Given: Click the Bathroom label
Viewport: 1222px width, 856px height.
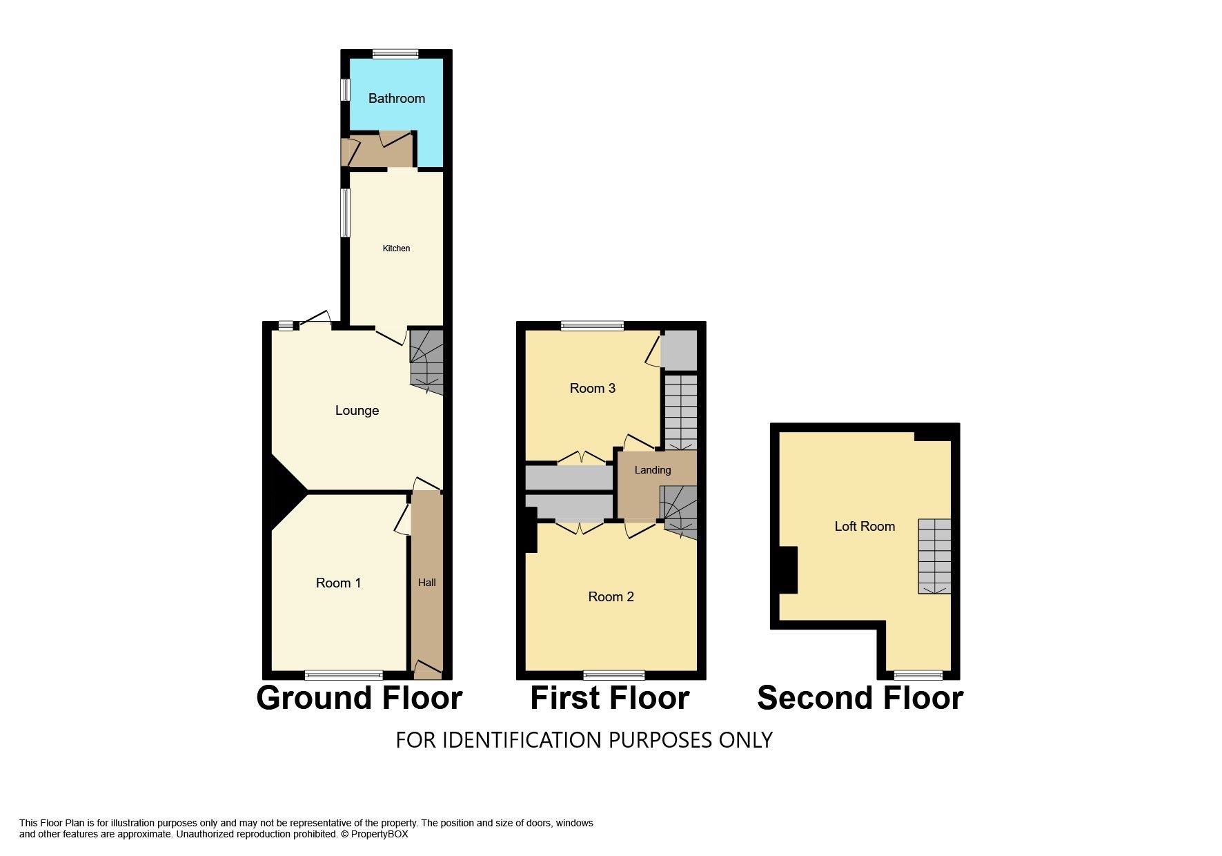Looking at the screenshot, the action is (x=397, y=98).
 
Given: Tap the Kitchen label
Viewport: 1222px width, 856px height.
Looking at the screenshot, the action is (x=396, y=249).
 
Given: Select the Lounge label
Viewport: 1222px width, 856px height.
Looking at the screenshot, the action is (x=357, y=411).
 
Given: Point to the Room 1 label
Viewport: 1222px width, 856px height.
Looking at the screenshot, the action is (x=338, y=583).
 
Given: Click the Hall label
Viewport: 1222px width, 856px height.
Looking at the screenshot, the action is (x=427, y=583).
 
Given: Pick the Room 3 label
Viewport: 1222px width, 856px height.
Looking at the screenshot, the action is (x=592, y=389).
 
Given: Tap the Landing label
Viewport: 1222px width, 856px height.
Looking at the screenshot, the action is (x=652, y=470).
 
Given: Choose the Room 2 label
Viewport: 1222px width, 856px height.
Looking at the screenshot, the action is (x=611, y=597).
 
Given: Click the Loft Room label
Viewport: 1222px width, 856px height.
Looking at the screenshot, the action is (x=865, y=527).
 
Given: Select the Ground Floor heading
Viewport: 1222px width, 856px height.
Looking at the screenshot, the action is (x=359, y=698).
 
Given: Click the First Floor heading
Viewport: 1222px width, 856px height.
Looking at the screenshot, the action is (x=610, y=698).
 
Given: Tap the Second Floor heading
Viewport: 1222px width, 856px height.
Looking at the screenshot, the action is (x=860, y=698).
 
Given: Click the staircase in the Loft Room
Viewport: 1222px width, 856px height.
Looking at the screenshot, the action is (x=934, y=556).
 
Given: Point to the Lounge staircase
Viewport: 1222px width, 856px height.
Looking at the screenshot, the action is (x=426, y=362).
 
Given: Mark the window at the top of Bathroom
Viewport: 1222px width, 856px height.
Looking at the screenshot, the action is (x=395, y=54).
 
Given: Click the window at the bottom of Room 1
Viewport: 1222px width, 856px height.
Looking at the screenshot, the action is (x=344, y=675).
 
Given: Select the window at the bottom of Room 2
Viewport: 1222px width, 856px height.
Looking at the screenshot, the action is (x=614, y=675).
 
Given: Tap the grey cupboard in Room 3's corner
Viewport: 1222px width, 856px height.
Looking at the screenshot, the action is (x=679, y=351).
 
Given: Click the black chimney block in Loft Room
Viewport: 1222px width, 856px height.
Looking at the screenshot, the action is (x=789, y=570).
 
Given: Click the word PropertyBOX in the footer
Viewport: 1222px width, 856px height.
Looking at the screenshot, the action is (x=380, y=834).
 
